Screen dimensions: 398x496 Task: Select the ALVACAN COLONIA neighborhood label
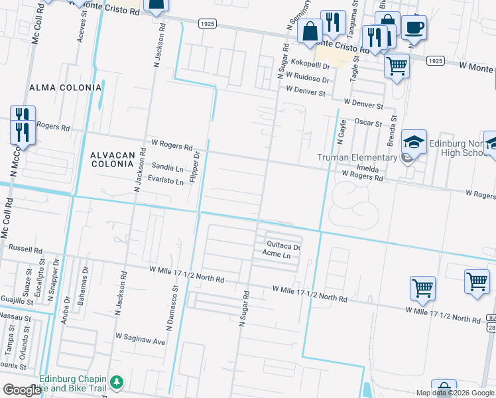(x=113, y=160)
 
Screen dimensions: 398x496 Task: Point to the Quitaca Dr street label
(x=280, y=245)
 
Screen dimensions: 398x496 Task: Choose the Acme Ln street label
(x=277, y=255)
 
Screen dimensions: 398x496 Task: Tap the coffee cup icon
(x=414, y=28)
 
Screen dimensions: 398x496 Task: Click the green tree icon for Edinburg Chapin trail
(x=117, y=382)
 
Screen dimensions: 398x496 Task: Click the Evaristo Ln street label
(x=165, y=180)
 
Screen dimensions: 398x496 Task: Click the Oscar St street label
(x=368, y=123)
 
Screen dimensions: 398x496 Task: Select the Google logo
(x=22, y=390)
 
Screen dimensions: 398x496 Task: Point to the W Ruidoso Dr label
(x=308, y=79)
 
